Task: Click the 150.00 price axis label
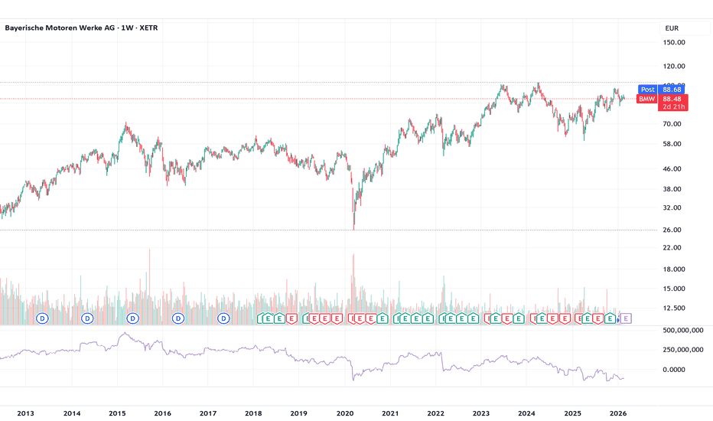673,44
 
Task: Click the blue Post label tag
647,90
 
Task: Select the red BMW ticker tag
647,99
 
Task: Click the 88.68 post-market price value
672,90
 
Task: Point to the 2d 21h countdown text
672,107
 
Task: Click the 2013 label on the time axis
25,413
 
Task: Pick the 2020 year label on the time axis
345,413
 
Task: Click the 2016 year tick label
162,413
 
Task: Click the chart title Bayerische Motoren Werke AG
68,28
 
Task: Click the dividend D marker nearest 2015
133,318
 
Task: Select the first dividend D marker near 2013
42,318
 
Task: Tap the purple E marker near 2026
626,318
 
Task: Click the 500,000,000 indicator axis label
683,330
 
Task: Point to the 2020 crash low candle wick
354,227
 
